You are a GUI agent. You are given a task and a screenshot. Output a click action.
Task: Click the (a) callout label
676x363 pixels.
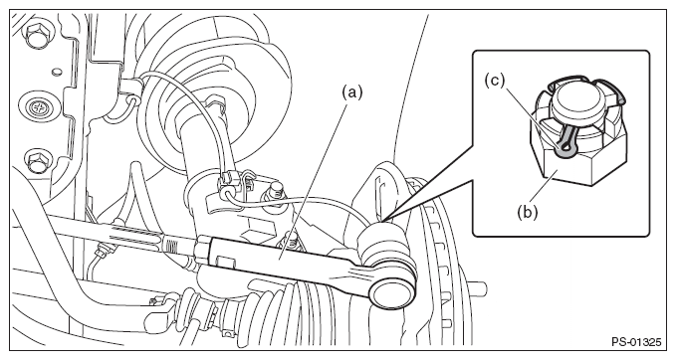(352, 92)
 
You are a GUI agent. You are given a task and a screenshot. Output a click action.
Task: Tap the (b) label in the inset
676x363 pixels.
(528, 213)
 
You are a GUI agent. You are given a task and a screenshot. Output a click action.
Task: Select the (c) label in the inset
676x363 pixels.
(494, 81)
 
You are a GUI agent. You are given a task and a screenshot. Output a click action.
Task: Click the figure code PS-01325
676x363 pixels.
(636, 342)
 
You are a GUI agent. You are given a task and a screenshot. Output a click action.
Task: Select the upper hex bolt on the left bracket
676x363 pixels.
(38, 34)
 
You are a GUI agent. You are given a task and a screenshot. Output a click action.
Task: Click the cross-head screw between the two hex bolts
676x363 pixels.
(39, 104)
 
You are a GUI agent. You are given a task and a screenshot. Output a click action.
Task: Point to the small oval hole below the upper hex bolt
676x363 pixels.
(56, 72)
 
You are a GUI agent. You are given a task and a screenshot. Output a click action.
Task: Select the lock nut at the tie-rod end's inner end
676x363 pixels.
(202, 249)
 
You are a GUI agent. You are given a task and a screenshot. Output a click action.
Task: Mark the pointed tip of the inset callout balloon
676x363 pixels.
(381, 222)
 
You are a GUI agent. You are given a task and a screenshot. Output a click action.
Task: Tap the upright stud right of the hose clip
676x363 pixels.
(276, 195)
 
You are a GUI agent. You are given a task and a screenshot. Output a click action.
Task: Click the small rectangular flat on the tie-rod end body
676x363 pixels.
(225, 263)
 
